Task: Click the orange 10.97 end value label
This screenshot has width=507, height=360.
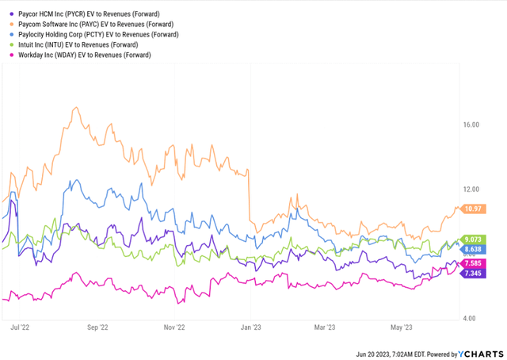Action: point(473,209)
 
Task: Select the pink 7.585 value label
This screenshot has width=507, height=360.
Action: point(473,262)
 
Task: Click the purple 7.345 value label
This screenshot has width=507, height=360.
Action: point(473,274)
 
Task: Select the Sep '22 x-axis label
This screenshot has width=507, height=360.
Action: point(97,326)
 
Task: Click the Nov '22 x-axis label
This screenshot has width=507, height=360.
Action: point(175,326)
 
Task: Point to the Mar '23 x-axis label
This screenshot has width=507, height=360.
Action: point(325,326)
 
